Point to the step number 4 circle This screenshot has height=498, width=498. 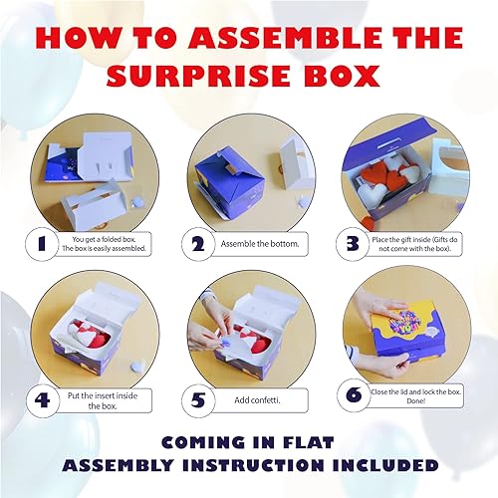(x=43, y=400)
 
